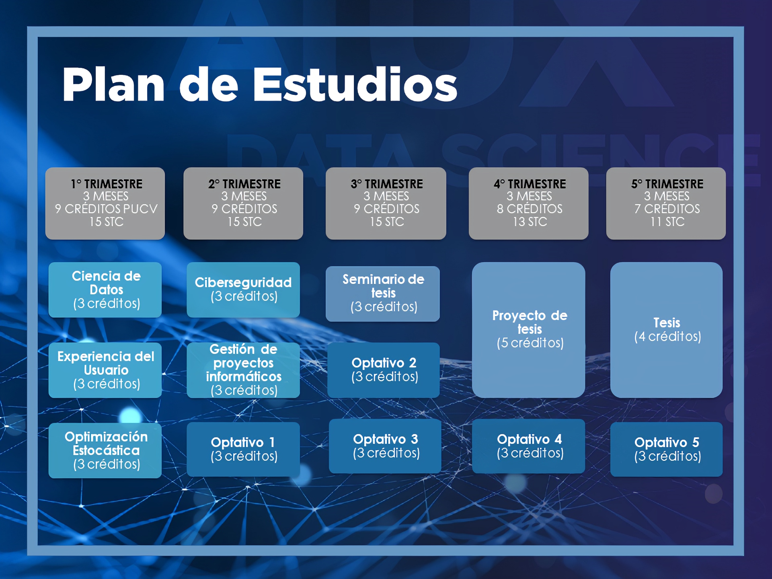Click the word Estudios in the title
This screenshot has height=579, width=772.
355,84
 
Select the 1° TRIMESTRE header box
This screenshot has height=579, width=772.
105,203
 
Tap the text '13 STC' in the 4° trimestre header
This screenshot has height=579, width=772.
530,222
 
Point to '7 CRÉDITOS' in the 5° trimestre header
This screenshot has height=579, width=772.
667,209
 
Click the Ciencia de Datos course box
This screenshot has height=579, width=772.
105,290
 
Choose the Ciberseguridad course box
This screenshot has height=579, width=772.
243,290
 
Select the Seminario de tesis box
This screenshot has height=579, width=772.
383,294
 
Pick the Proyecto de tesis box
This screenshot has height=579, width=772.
528,330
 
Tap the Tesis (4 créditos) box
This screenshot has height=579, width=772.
666,330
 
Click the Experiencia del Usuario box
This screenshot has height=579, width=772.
105,370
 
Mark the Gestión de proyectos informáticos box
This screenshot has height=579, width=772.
243,370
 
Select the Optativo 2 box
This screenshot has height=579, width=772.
384,370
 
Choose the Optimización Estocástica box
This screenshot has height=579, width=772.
105,450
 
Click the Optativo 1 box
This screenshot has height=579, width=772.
243,449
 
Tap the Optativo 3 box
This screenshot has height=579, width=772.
385,446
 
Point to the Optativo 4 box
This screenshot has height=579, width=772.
528,446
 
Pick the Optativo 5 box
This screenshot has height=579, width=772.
666,449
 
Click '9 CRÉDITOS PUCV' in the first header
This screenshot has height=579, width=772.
106,209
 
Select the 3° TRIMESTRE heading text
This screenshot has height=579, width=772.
387,184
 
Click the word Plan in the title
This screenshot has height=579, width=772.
113,84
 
